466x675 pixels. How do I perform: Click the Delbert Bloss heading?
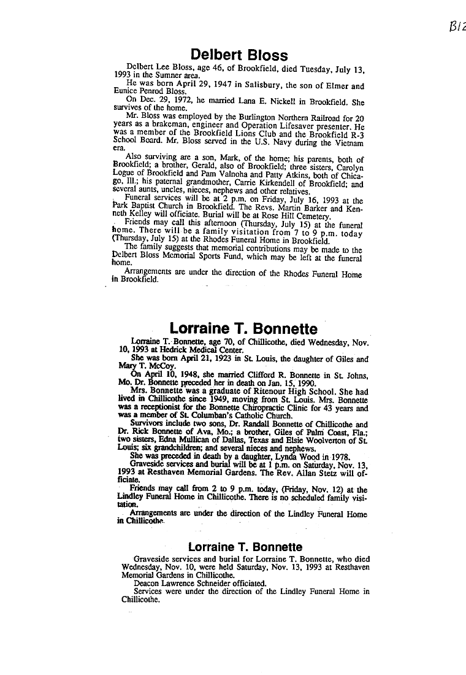coord(239,55)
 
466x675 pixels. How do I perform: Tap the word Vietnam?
coord(347,142)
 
